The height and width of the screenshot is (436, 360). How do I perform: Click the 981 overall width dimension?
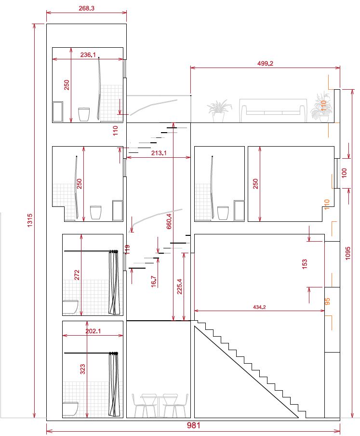point(193,425)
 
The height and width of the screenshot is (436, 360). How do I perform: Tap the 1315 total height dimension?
point(30,220)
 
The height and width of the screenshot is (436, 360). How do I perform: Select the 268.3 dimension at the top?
point(86,8)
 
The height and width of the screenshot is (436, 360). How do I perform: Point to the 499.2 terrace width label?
point(265,63)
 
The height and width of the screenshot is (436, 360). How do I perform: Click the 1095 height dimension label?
point(348,253)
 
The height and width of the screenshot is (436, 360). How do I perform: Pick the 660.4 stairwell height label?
point(169,221)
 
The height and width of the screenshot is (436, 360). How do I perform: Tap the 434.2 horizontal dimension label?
point(259,307)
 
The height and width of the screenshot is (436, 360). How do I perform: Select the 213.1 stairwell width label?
point(159,153)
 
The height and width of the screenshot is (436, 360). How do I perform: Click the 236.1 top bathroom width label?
point(88,55)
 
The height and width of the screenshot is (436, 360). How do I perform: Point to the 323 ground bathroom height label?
point(82,369)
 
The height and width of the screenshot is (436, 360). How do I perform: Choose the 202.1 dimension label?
point(93,331)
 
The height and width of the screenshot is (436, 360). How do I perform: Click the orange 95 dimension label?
point(328,301)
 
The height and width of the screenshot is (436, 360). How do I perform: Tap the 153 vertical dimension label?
point(305,264)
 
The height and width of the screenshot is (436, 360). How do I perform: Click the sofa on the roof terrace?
point(274,110)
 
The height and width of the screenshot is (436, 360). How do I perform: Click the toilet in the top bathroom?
point(84,114)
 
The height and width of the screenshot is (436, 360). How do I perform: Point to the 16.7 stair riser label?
point(153,281)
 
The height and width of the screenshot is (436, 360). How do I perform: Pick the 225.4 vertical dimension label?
point(179,286)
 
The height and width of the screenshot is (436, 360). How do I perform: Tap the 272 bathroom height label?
point(77,275)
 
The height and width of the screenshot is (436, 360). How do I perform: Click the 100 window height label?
point(344,173)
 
